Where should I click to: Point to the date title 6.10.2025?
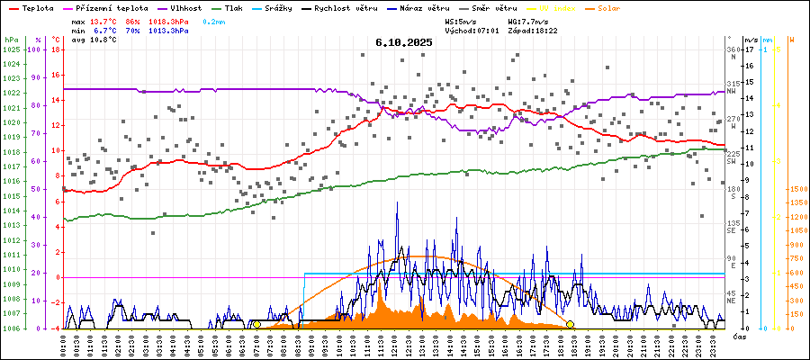404,42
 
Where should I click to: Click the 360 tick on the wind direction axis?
733,50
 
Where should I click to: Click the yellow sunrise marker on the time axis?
256,325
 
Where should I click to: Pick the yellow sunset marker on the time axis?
570,325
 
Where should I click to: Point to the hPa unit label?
10,40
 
